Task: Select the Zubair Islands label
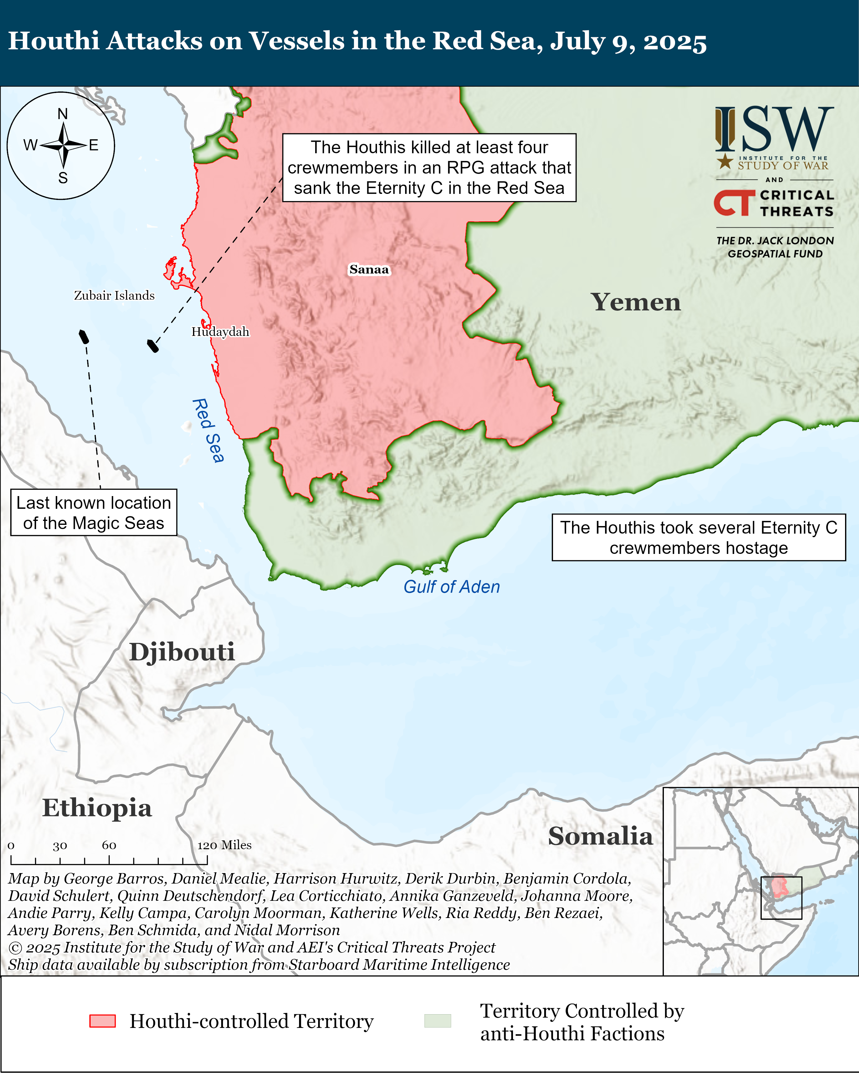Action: click(114, 296)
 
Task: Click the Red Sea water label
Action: click(208, 430)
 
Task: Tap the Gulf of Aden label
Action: click(451, 587)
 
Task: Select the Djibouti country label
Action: click(182, 652)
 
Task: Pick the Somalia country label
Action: click(600, 836)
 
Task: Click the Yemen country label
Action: click(635, 302)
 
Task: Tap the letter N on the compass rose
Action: click(62, 114)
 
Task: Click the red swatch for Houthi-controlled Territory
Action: click(103, 1021)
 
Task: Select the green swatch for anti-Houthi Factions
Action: click(437, 1021)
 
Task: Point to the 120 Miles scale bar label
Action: click(224, 845)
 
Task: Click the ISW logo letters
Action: click(774, 129)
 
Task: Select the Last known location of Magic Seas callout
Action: click(94, 513)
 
